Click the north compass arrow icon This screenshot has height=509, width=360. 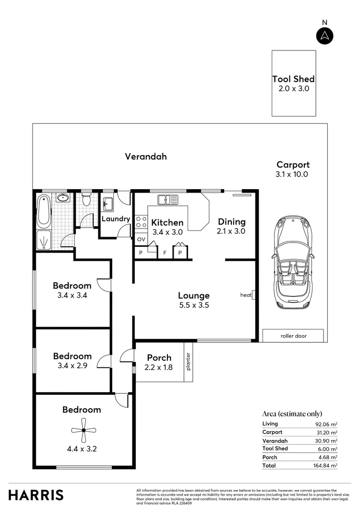[325, 36]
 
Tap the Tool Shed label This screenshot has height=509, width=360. [293, 79]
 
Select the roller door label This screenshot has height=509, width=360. [293, 336]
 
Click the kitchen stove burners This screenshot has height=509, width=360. [141, 222]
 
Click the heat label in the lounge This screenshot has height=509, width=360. [246, 295]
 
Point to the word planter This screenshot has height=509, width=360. [189, 362]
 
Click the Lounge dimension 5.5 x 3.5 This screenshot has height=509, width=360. [194, 305]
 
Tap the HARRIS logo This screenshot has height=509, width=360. [36, 495]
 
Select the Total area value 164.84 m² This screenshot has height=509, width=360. [326, 466]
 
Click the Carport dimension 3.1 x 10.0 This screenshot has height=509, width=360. [293, 174]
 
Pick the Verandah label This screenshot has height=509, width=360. [146, 157]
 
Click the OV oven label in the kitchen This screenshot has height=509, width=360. [141, 239]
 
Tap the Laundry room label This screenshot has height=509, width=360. [116, 219]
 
